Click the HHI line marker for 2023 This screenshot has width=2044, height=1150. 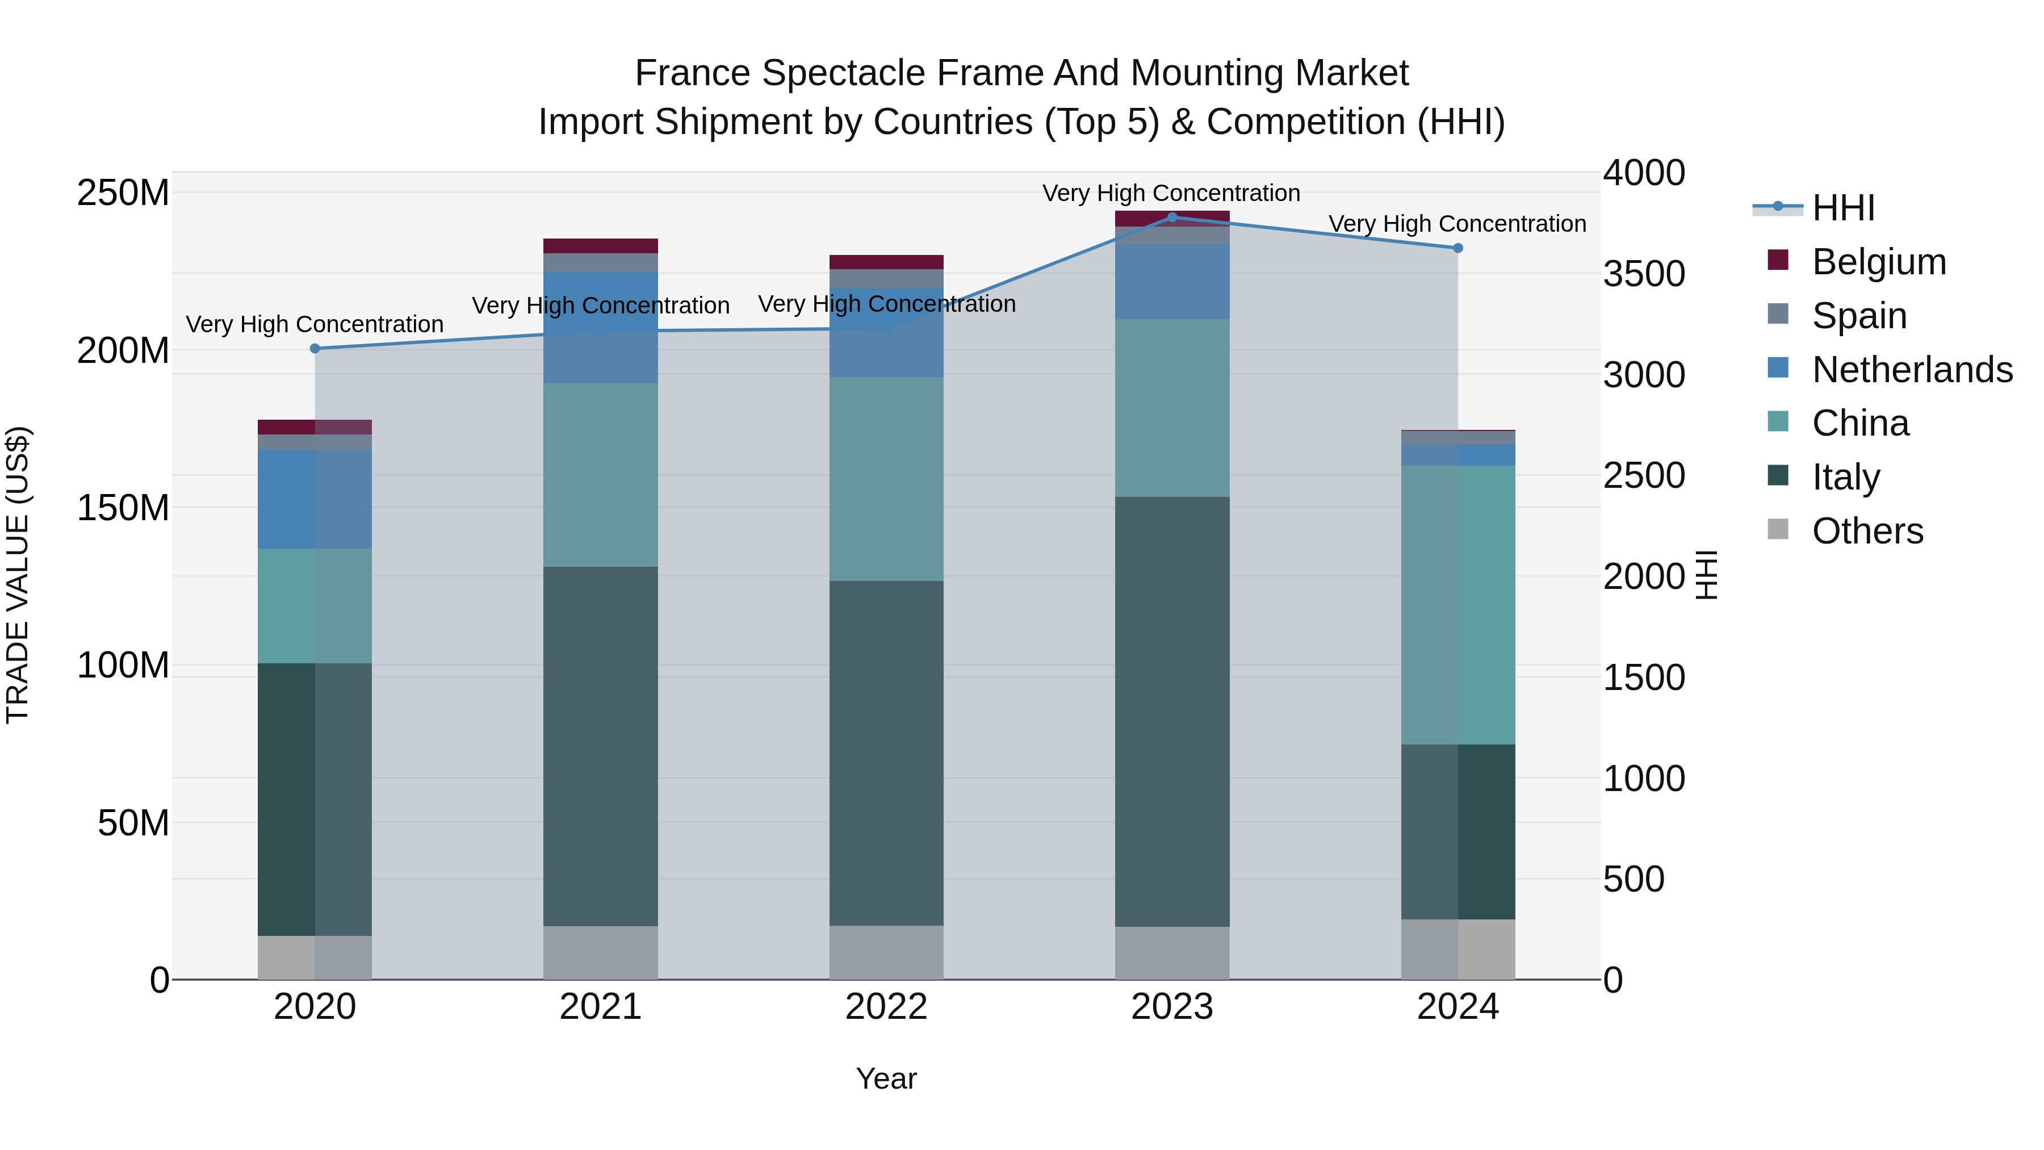coord(1172,218)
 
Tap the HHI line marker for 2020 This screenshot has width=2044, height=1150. coord(315,349)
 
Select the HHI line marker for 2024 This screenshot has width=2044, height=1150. coord(1457,248)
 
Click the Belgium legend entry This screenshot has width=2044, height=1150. coord(1878,262)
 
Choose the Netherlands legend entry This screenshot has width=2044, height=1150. coord(1912,370)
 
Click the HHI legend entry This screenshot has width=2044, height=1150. coord(1843,208)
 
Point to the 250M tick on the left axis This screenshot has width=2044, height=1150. coord(123,193)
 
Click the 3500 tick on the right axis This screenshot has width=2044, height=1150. coord(1643,274)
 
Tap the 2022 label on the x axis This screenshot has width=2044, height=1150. coord(886,1007)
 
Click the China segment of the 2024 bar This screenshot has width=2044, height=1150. coord(1457,605)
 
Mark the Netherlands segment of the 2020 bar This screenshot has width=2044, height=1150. coord(315,499)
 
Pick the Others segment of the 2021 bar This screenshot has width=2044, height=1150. coord(601,952)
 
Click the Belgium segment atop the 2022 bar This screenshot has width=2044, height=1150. coord(886,262)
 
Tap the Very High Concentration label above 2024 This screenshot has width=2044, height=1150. coord(1457,224)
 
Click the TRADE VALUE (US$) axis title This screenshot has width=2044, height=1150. coord(18,575)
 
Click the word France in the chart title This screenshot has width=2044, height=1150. coord(692,73)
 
